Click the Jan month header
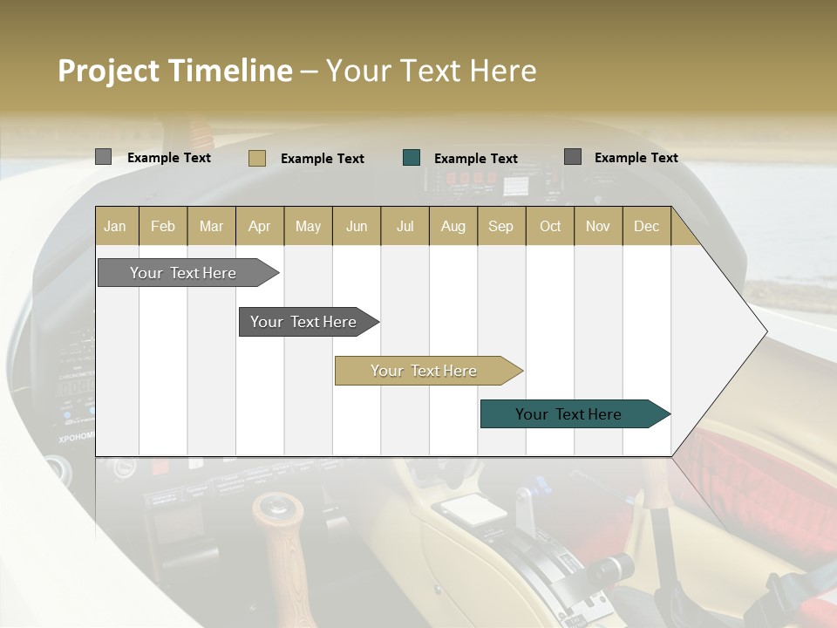click(115, 226)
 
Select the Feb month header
click(163, 226)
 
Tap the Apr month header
click(260, 226)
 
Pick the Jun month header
click(357, 226)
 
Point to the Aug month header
click(453, 226)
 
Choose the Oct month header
click(550, 226)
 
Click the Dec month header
click(647, 226)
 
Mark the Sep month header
click(501, 226)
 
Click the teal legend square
click(412, 158)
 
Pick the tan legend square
click(257, 158)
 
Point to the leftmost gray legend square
click(104, 157)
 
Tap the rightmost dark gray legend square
click(573, 157)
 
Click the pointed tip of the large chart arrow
click(765, 331)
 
